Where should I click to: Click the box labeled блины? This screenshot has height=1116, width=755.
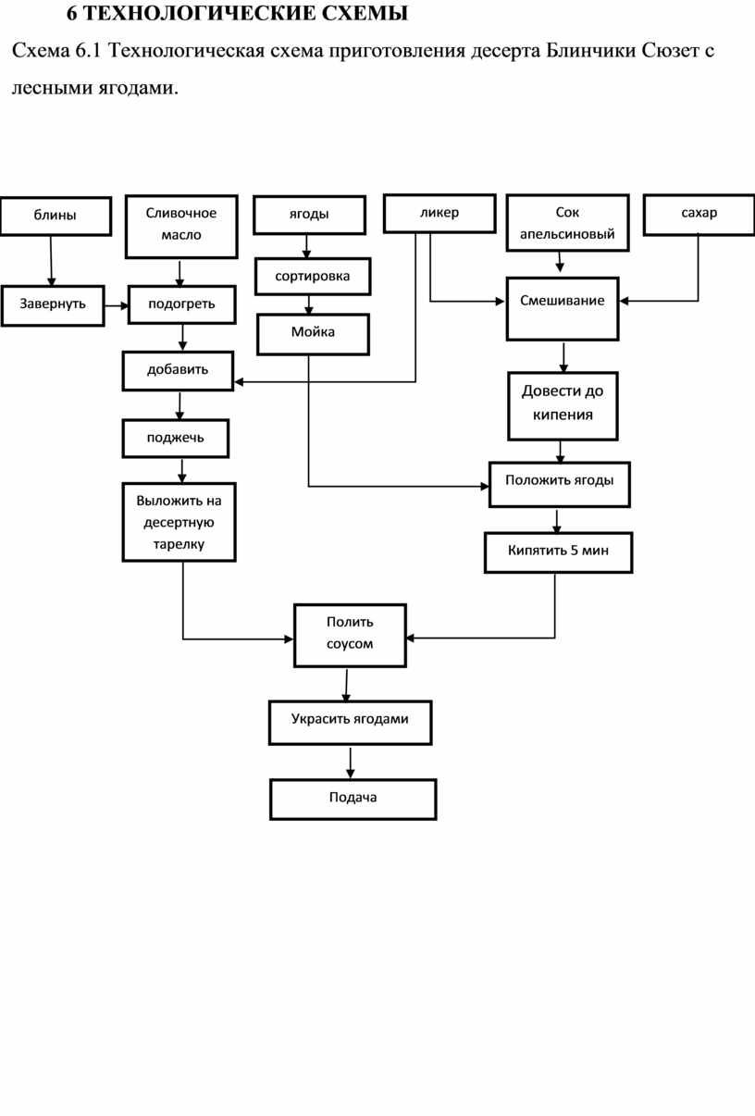point(56,216)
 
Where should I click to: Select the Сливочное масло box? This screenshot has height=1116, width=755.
point(181,226)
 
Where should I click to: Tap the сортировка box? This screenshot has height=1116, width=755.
point(313,276)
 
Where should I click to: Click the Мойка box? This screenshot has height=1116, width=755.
point(313,334)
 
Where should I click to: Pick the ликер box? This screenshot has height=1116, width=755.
point(439,213)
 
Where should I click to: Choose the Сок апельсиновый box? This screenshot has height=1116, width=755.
point(567,223)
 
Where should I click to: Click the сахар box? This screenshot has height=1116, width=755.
point(699,215)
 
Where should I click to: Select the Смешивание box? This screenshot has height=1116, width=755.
point(563,309)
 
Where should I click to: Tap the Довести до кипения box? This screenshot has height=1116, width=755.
point(563,405)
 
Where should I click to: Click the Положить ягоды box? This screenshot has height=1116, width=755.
point(559,484)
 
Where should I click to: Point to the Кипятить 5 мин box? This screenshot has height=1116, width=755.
point(558,552)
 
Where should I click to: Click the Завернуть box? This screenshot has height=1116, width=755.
point(53,305)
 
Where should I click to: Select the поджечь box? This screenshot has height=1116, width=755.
point(176,438)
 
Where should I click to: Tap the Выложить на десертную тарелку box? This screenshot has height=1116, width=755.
point(179,522)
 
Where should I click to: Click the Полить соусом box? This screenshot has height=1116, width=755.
point(350,635)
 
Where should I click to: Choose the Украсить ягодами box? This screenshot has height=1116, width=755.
point(350,723)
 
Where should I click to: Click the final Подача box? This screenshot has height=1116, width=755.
point(353,800)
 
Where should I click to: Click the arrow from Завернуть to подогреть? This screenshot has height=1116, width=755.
point(117,305)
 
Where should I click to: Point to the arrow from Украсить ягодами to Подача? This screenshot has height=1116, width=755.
point(350,763)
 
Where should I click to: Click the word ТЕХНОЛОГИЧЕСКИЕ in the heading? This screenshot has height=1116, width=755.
point(199,14)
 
